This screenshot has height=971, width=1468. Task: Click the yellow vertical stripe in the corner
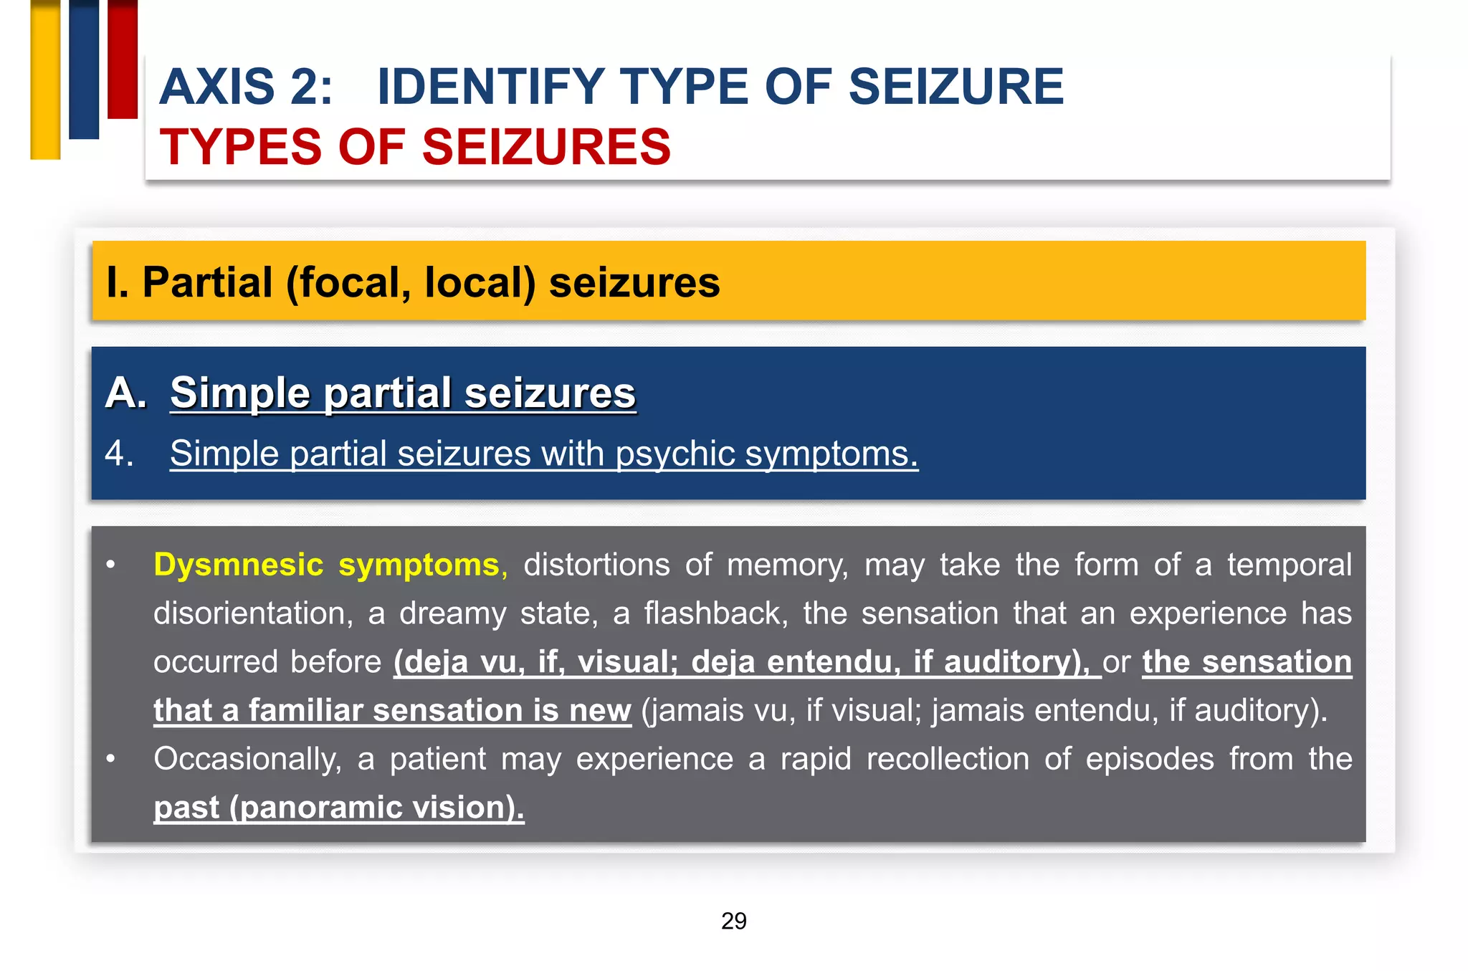(45, 79)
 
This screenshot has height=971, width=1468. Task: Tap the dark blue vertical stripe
(84, 69)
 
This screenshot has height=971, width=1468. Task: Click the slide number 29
(733, 921)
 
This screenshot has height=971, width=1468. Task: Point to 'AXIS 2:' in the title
(246, 87)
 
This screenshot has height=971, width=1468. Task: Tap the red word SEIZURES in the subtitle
(546, 147)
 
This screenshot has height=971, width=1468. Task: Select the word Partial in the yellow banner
(207, 282)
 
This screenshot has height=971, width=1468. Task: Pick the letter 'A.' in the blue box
(125, 393)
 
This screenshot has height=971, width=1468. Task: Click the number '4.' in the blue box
(119, 454)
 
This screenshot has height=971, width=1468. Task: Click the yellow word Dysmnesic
(238, 565)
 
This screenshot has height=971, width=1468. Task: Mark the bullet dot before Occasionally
(110, 758)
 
